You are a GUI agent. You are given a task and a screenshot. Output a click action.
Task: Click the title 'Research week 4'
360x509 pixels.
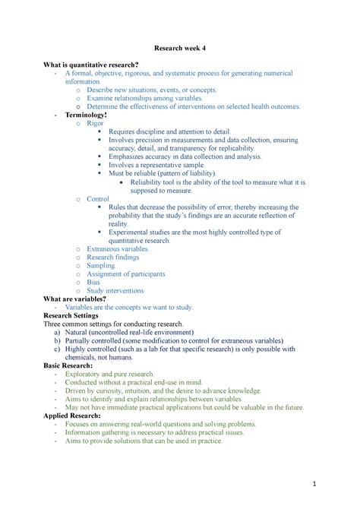(179, 49)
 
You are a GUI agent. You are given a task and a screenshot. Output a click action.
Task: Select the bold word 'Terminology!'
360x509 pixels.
(85, 114)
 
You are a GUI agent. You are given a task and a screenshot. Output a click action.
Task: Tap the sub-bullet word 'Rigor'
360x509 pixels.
(95, 122)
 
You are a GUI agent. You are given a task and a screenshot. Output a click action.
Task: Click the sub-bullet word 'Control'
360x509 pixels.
(98, 198)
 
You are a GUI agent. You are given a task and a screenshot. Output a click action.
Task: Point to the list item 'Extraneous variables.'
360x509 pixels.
(118, 248)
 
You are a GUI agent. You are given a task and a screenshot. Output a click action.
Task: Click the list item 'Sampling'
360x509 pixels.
(101, 266)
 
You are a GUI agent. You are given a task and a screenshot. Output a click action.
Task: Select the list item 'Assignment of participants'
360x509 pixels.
(125, 273)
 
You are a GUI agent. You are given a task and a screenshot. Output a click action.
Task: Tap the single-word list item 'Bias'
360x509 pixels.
(93, 282)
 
